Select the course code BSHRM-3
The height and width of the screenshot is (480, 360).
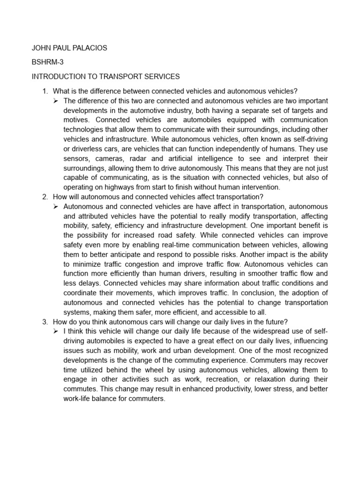47,62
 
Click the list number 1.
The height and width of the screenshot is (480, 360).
45,91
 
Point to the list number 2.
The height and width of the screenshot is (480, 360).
45,196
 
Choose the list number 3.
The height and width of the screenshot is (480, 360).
45,322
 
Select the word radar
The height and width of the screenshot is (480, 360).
147,158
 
